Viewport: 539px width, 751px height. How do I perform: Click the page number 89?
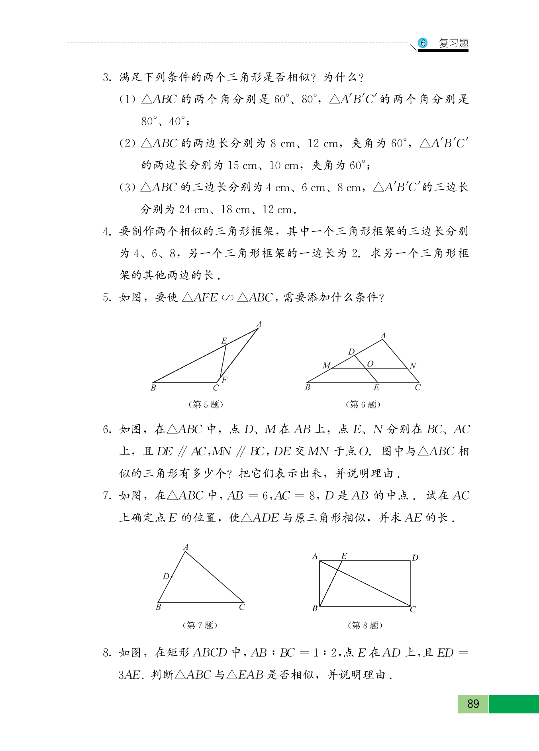coord(473,704)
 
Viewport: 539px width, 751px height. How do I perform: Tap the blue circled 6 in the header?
coord(423,43)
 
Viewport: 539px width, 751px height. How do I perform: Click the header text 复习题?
coord(453,43)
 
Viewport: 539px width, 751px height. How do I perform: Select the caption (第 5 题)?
coord(206,404)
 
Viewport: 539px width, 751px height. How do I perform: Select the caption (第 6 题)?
coord(363,404)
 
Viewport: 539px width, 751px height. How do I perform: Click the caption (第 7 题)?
coord(200,625)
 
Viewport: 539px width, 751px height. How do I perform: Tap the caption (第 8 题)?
coord(365,625)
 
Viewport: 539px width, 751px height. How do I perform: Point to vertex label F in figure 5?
coord(224,379)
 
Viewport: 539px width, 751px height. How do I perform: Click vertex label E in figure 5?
coord(224,341)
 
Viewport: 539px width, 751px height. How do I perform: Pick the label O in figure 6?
coord(370,364)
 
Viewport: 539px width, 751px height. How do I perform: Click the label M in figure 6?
coord(326,365)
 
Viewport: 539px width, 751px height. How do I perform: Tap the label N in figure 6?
coord(413,365)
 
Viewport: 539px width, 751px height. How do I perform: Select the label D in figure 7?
coord(166,576)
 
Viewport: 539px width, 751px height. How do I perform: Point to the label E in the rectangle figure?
coord(344,556)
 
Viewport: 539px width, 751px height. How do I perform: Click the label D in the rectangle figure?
coord(415,557)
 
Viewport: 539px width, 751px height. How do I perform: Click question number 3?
coord(106,77)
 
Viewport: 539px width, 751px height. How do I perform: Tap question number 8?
coord(106,653)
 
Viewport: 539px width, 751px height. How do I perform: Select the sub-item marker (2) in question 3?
coord(127,143)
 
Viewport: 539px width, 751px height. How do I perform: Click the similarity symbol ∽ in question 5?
coord(227,298)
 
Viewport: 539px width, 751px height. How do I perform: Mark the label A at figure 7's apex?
coord(186,547)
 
